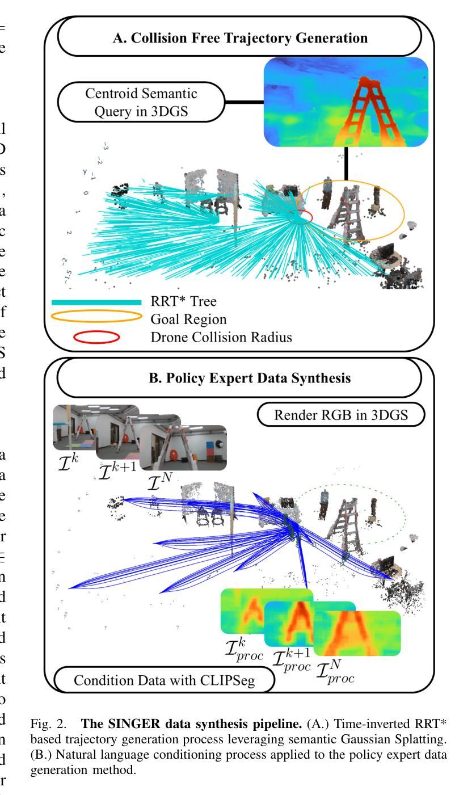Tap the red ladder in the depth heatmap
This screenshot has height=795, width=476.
[363, 113]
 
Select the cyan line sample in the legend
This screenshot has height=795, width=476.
[96, 302]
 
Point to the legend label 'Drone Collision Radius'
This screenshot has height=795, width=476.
[221, 337]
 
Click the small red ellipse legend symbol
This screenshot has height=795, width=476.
[96, 337]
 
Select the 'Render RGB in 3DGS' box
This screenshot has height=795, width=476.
[340, 415]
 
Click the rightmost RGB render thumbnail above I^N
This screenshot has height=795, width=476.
[183, 448]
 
